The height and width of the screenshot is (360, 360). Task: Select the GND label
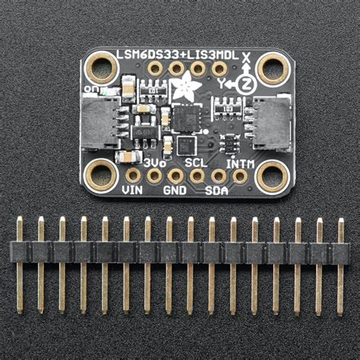coord(175,191)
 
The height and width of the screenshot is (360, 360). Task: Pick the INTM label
coord(240,163)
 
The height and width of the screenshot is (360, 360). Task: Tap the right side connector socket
coord(270,123)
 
